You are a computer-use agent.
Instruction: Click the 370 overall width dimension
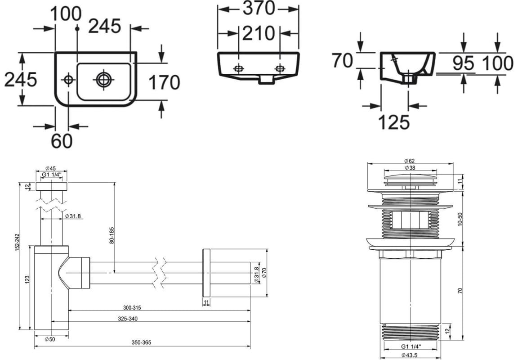click(x=259, y=8)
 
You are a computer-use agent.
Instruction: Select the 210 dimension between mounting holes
click(x=259, y=33)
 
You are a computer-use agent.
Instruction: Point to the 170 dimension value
click(x=164, y=82)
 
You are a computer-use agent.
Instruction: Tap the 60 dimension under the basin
click(x=62, y=141)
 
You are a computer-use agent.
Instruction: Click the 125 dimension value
click(x=394, y=121)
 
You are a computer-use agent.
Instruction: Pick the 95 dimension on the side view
click(x=463, y=63)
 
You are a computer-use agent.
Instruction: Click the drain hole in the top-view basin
click(x=103, y=79)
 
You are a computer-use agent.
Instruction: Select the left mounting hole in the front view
click(x=238, y=69)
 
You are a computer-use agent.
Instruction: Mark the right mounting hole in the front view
click(x=280, y=69)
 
